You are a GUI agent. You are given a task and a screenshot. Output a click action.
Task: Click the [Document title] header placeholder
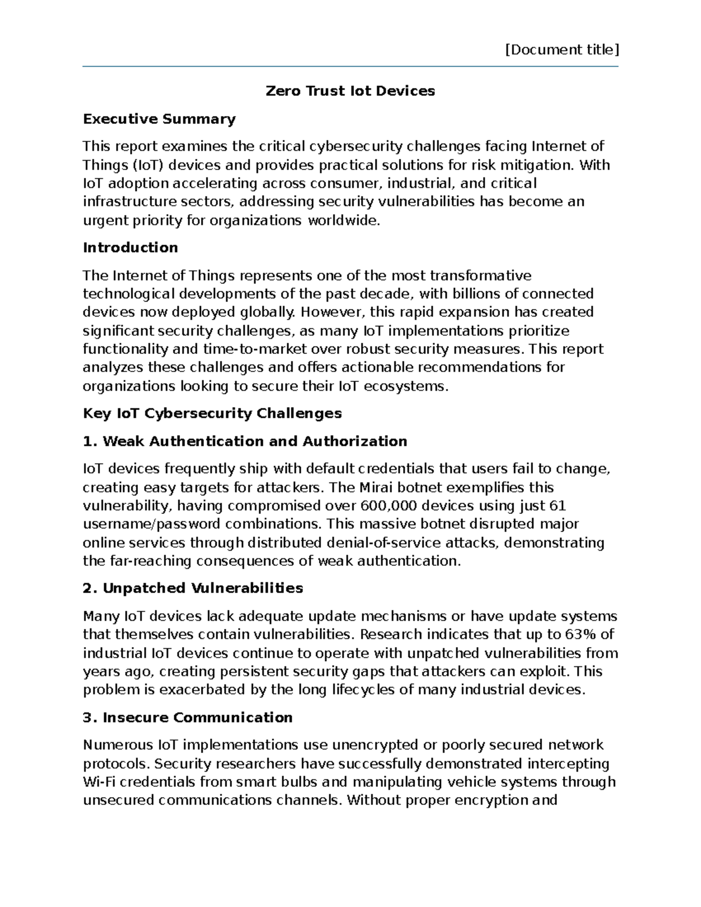click(x=561, y=50)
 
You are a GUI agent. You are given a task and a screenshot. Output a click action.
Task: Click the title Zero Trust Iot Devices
click(x=350, y=91)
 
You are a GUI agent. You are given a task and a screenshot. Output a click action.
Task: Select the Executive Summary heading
click(x=159, y=119)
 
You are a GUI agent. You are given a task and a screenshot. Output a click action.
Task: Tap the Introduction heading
click(x=130, y=248)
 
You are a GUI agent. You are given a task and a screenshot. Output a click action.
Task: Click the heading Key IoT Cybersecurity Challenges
click(x=212, y=413)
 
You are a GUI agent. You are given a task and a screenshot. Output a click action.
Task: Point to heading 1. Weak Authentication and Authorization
click(x=245, y=441)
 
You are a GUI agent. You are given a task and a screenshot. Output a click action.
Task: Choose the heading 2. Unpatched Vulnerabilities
click(x=193, y=588)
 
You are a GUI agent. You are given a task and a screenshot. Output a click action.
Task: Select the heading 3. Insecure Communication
click(x=188, y=718)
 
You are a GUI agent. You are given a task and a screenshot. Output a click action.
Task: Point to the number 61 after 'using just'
click(x=558, y=506)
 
